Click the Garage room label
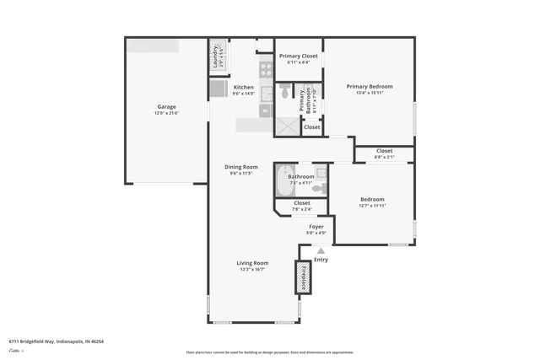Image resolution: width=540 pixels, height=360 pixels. click(x=166, y=106)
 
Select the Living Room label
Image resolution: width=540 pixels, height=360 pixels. click(x=252, y=263)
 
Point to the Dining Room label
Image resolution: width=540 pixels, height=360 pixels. click(x=240, y=166)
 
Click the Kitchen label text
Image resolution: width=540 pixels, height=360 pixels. click(x=243, y=87)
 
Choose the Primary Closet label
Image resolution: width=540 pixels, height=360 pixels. click(x=298, y=56)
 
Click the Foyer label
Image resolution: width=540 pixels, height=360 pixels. click(x=316, y=227)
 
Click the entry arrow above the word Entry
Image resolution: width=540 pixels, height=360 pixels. click(x=320, y=250)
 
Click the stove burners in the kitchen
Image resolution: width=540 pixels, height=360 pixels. click(x=266, y=71)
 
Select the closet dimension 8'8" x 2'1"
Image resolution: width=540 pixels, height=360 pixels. click(x=384, y=157)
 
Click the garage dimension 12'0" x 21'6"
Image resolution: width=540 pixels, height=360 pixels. click(x=166, y=113)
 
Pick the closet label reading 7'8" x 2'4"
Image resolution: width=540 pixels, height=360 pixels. click(x=301, y=209)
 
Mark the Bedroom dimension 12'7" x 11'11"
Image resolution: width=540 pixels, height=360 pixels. click(x=372, y=205)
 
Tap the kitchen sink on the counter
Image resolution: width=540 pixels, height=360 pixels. click(x=265, y=110)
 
